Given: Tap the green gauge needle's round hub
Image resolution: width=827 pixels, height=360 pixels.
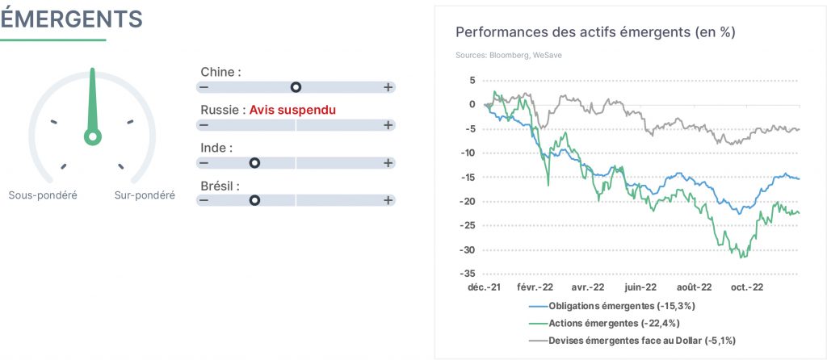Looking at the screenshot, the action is click(93, 136).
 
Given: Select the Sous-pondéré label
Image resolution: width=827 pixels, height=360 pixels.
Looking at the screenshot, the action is click(43, 195).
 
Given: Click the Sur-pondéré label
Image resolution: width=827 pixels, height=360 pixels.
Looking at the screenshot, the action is click(145, 195).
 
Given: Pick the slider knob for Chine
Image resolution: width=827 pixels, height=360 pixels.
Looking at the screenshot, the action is click(296, 87).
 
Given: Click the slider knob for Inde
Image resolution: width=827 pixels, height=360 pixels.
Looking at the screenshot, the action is click(254, 163).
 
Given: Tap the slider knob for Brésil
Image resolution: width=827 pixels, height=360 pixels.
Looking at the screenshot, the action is click(254, 200).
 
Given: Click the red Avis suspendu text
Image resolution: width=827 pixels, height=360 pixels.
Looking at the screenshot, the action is click(292, 110).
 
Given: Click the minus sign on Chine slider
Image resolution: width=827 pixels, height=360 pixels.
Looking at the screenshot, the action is click(204, 87).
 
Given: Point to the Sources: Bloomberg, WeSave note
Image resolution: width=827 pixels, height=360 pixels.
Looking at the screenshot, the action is click(509, 55).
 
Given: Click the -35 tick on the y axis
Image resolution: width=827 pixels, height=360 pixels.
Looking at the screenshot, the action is click(468, 274).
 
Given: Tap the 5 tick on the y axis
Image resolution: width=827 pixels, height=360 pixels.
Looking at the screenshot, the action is click(472, 81).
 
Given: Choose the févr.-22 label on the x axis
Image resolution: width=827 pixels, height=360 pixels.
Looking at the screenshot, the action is click(535, 288).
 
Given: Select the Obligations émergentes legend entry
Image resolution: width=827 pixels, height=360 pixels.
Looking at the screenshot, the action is click(616, 306).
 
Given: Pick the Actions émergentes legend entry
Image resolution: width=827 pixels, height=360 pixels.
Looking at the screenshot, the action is click(607, 323).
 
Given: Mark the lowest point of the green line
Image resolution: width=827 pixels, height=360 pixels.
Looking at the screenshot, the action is click(741, 257).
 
